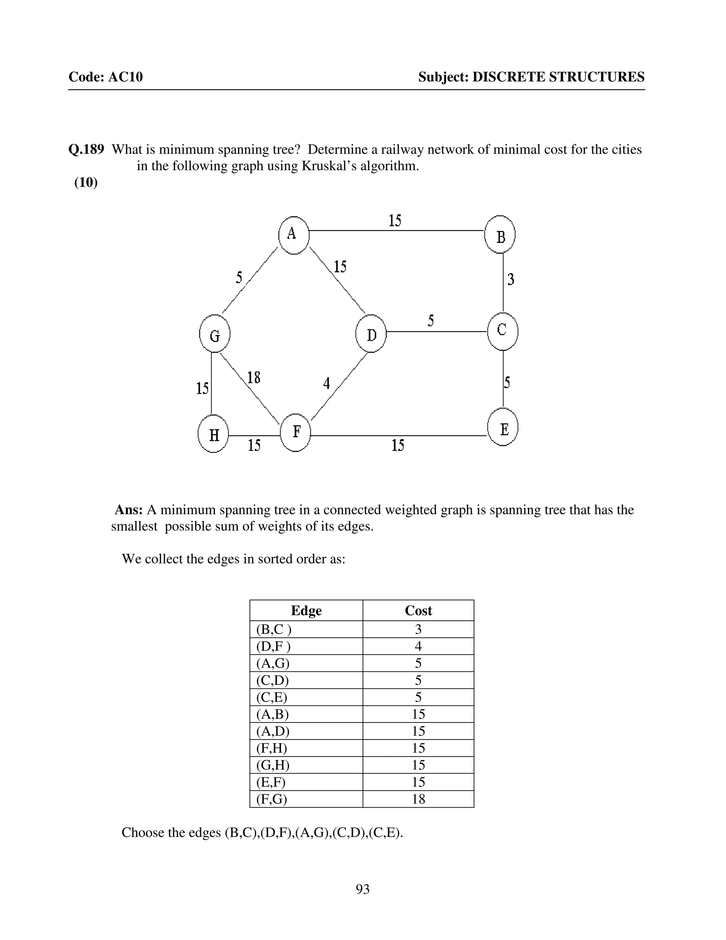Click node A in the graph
(293, 234)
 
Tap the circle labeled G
(214, 334)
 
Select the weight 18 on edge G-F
(253, 378)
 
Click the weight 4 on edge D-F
(326, 383)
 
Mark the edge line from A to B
(396, 231)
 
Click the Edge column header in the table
(306, 610)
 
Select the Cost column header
(418, 610)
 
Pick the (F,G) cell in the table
(272, 799)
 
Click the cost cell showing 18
(418, 799)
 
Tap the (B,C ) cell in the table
(274, 629)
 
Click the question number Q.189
(86, 149)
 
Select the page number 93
(363, 889)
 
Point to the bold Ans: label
(129, 510)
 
